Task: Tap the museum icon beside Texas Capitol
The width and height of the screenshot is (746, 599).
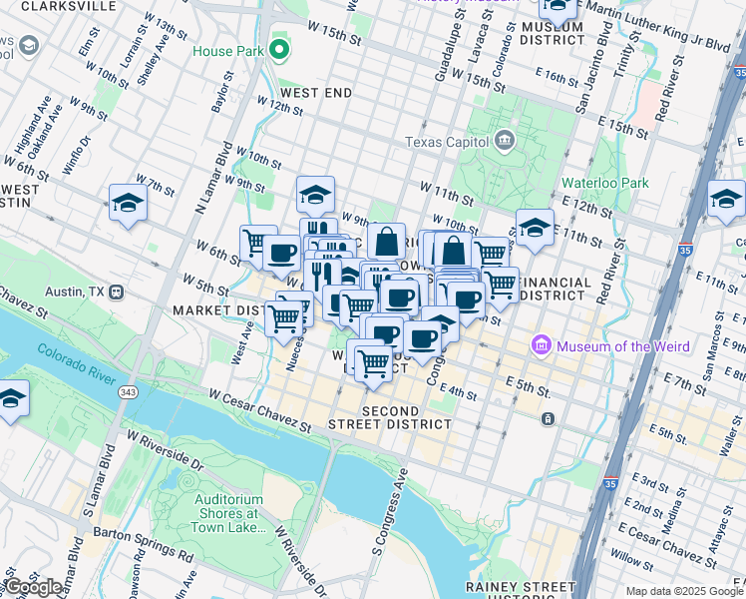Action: pos(505,139)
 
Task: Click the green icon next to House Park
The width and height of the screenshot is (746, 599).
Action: pos(280,49)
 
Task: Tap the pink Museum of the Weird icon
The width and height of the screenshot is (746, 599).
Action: pos(543,346)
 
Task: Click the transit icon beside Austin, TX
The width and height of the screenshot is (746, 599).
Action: pos(117,292)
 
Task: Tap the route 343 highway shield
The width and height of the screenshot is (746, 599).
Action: pos(129,391)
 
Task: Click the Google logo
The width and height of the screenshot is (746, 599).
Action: pos(34,587)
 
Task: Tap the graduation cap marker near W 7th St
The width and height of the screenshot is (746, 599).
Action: pos(128,205)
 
